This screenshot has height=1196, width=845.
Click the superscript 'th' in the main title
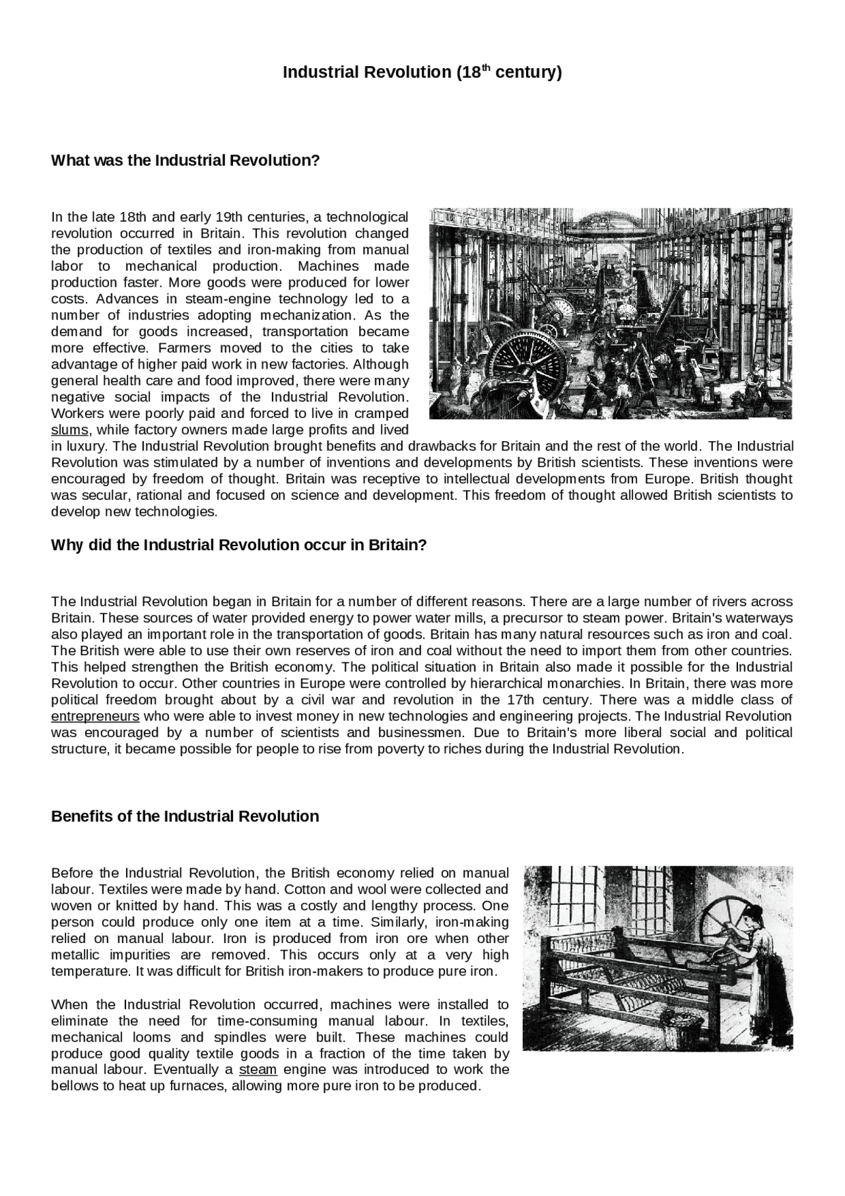486,67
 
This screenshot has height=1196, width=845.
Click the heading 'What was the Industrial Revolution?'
185,160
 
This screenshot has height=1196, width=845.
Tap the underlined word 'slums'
69,430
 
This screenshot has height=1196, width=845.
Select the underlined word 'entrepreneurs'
95,717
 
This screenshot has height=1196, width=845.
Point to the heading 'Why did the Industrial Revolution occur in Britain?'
239,545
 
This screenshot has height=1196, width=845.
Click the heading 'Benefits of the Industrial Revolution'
185,817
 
